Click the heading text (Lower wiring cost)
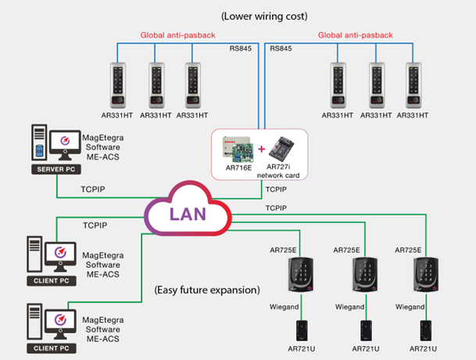click(263, 16)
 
